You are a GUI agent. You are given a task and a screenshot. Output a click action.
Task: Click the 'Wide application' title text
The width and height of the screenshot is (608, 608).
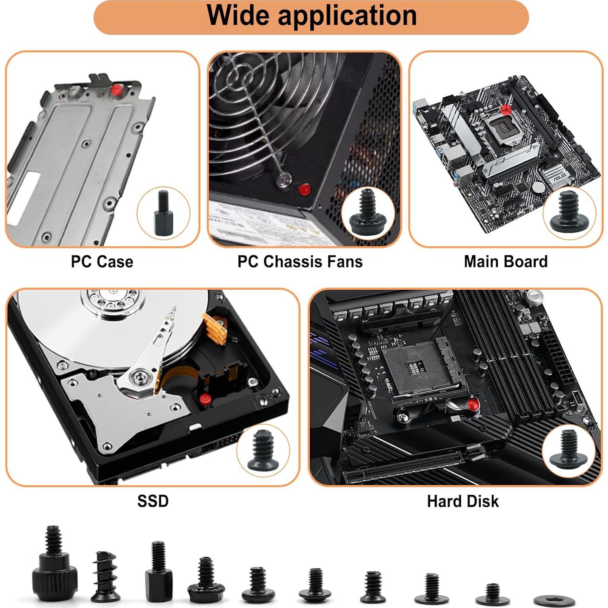(x=311, y=16)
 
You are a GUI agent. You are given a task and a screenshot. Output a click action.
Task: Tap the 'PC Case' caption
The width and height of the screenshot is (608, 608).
(x=102, y=262)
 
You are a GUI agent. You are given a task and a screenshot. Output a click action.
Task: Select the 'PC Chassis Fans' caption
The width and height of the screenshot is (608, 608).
(x=300, y=262)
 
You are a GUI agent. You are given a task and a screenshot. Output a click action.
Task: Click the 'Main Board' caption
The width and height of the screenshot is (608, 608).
(x=505, y=262)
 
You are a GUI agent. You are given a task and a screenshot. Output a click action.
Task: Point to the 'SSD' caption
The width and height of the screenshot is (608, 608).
(x=153, y=501)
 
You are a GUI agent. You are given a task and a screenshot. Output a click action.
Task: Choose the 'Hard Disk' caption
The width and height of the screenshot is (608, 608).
(x=462, y=501)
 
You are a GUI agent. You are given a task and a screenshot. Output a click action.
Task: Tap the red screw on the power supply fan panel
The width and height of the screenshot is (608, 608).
(x=304, y=189)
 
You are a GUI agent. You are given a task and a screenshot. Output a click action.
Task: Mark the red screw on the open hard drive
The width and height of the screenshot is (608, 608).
(x=206, y=399)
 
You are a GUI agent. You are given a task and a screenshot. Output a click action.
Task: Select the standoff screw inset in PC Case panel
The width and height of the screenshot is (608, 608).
(x=163, y=213)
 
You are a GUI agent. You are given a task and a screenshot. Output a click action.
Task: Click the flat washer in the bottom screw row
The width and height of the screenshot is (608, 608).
(x=554, y=600)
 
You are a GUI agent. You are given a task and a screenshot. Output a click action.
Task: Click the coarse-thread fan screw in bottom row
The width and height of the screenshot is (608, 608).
(x=104, y=577)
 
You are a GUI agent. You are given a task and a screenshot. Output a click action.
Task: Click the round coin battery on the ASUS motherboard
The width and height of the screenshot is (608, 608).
(x=539, y=187)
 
